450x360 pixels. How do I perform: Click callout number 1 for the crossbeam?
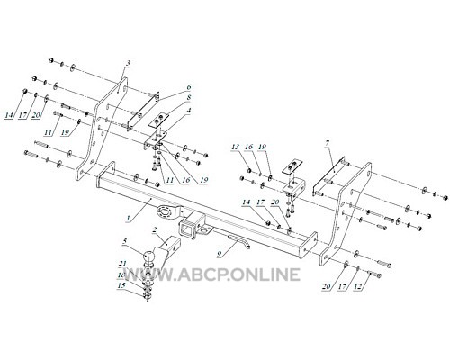(129, 218)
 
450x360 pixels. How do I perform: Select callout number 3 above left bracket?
(128, 63)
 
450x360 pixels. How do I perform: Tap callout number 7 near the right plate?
(327, 144)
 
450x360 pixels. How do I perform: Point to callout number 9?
(220, 254)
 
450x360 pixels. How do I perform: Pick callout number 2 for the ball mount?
(155, 230)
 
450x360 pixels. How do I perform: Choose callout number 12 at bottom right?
(358, 286)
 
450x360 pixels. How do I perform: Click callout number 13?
(236, 147)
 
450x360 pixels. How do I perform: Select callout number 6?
(189, 87)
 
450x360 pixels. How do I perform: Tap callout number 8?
(189, 98)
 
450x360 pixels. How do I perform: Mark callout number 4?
(189, 110)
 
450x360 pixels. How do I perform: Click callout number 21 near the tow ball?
(122, 264)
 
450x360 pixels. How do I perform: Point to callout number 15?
(121, 285)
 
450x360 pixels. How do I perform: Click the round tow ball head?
(149, 256)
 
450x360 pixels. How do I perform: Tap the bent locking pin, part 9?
(240, 241)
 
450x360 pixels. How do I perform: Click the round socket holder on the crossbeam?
(165, 211)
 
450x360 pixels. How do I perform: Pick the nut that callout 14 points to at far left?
(25, 91)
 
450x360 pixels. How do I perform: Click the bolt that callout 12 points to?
(375, 274)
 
